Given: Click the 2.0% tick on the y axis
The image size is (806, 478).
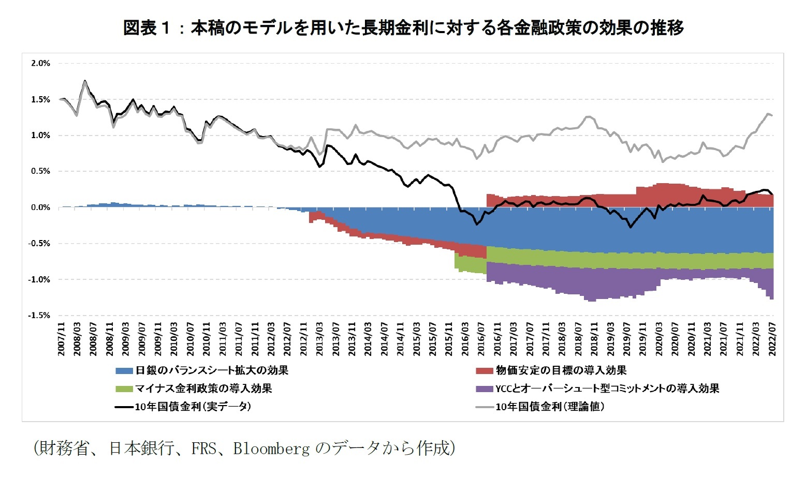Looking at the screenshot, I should [x=40, y=63].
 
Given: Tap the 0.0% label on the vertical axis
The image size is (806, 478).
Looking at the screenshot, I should [x=40, y=207].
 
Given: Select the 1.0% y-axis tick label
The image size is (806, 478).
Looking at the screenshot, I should [x=40, y=136].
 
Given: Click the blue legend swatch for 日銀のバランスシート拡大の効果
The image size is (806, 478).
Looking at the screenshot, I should [x=124, y=371].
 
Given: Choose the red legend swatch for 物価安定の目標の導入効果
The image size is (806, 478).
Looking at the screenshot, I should [x=484, y=371].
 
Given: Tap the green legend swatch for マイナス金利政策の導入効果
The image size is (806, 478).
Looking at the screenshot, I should [x=124, y=389].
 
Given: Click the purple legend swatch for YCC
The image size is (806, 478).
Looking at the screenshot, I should [x=484, y=389].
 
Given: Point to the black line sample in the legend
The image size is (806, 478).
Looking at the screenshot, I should [x=124, y=407].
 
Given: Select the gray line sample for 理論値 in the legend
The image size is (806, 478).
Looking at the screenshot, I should [x=484, y=407].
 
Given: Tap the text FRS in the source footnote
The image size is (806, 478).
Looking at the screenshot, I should [x=203, y=448].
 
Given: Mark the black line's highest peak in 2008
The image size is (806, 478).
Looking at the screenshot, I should [x=85, y=81].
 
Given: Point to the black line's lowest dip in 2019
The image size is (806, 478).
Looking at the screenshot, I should [x=630, y=227].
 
